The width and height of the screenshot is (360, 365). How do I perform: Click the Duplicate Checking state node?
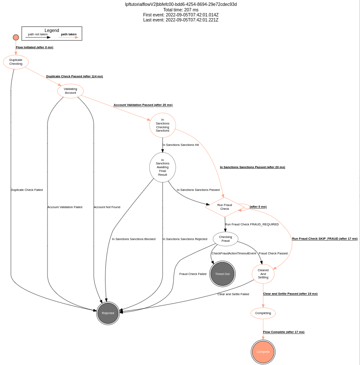[16, 62]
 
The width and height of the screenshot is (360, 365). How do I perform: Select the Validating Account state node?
[70, 91]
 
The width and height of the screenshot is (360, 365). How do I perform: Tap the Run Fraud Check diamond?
[225, 207]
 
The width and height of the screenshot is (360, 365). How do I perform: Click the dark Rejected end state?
[108, 313]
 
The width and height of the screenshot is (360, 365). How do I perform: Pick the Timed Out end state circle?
[223, 274]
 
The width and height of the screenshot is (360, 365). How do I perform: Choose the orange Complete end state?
[263, 352]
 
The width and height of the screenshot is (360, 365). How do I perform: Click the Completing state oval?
[263, 313]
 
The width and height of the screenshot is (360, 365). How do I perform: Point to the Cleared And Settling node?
[263, 274]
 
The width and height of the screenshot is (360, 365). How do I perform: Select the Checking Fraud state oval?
[226, 239]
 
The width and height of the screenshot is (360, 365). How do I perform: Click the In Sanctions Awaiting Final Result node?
[163, 167]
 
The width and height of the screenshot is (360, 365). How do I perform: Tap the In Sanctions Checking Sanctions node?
[163, 125]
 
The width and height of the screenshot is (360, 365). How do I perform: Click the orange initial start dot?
[16, 37]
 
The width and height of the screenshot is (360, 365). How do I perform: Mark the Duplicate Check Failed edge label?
[27, 190]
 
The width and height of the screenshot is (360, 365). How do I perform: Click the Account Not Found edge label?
[107, 207]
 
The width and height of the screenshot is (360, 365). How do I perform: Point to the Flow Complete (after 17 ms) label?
[284, 332]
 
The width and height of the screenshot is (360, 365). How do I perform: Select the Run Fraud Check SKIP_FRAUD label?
[325, 239]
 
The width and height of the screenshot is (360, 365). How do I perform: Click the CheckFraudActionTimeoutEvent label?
[234, 254]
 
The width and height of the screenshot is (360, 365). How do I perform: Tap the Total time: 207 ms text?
[181, 10]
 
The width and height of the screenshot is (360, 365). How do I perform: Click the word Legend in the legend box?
[52, 30]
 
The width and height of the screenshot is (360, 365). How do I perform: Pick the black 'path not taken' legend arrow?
[38, 37]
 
